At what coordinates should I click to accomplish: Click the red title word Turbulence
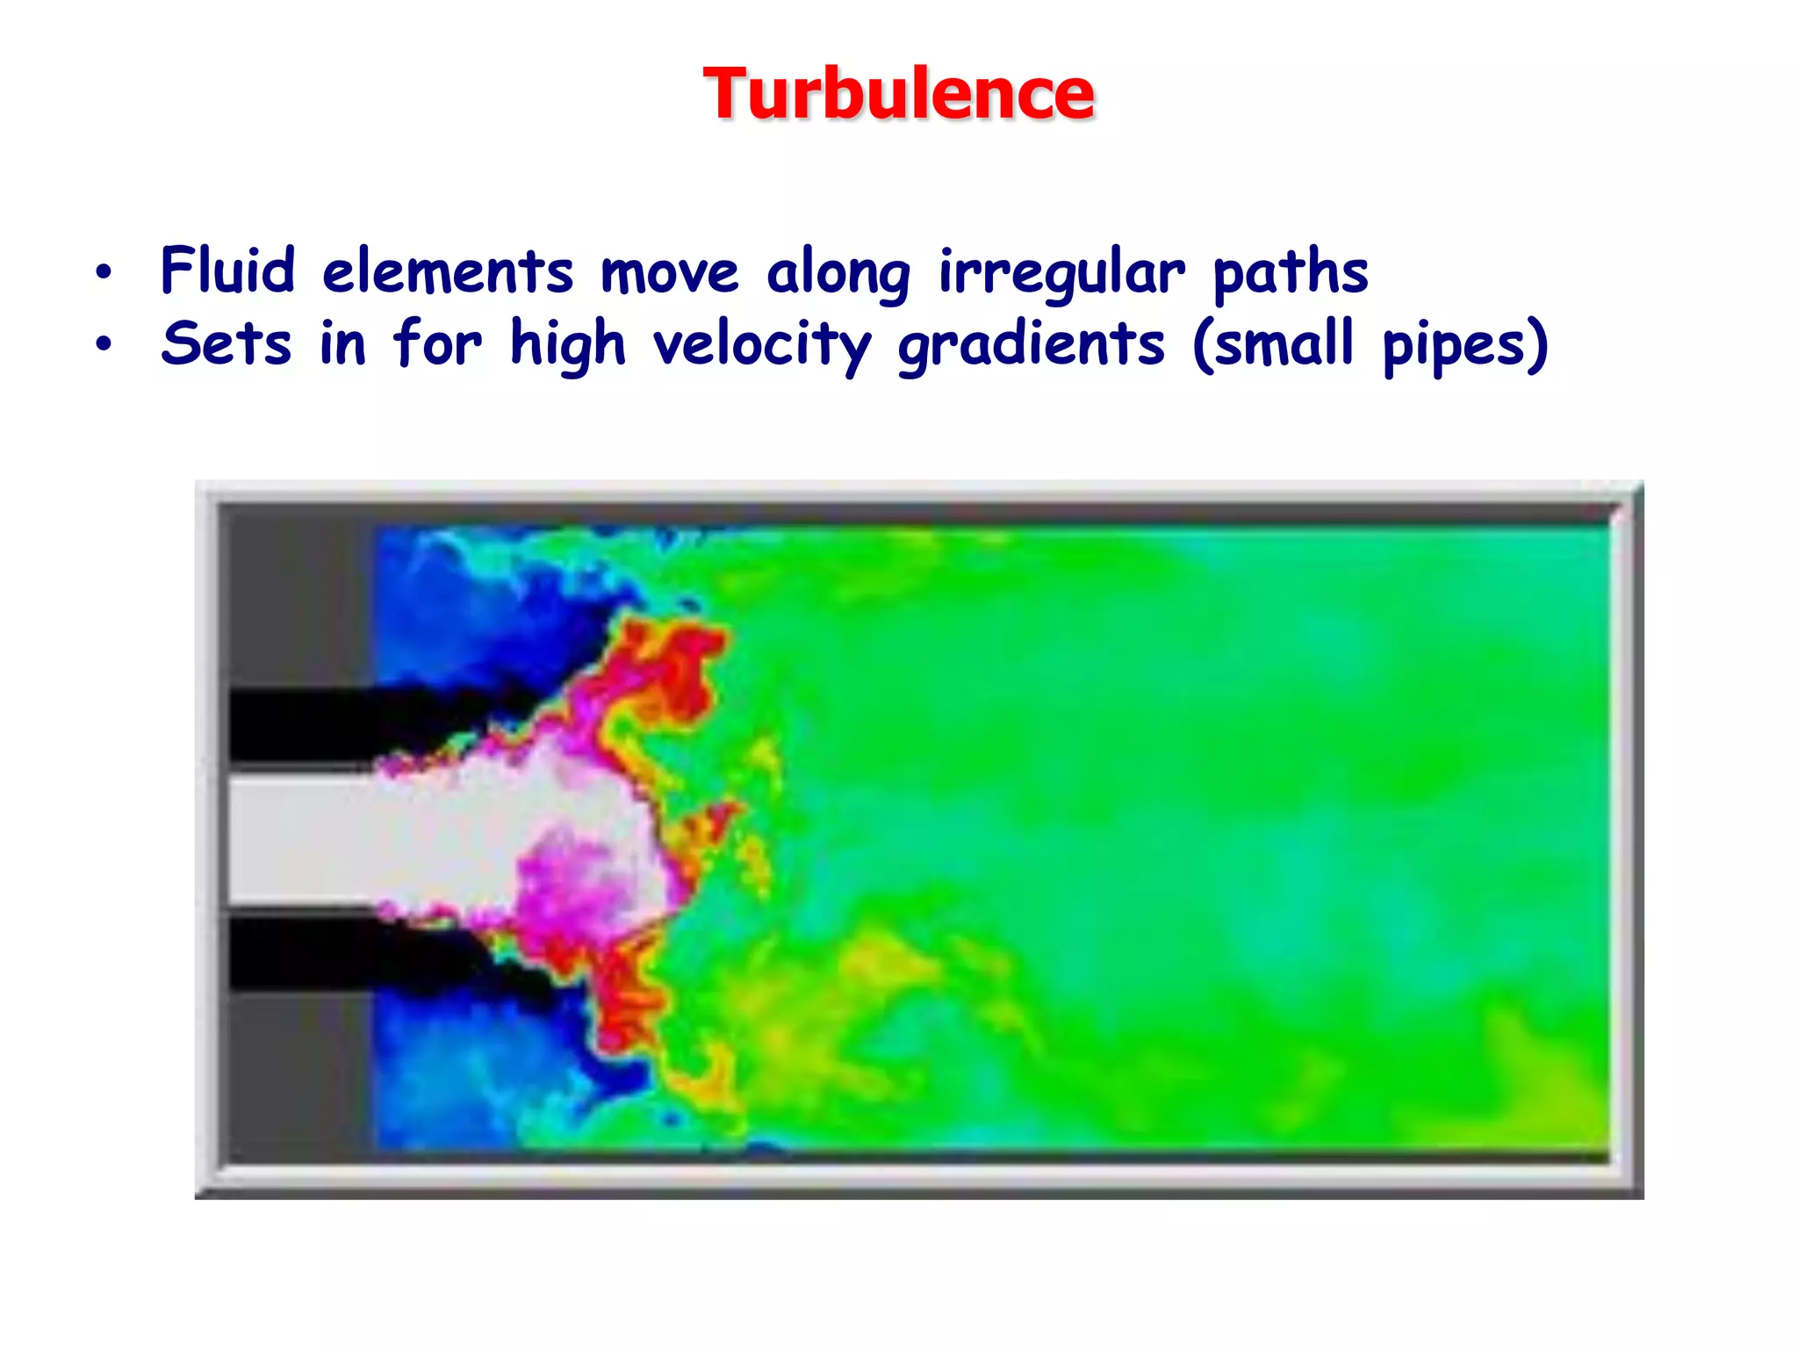[898, 94]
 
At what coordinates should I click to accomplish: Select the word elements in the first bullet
[448, 271]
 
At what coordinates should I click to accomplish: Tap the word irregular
[1061, 273]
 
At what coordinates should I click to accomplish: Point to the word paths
[1290, 271]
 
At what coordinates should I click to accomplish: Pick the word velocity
[762, 345]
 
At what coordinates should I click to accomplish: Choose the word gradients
[1031, 345]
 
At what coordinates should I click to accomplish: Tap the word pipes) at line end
[1465, 345]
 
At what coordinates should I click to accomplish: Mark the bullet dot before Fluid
[104, 272]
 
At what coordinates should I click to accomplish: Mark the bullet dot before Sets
[104, 344]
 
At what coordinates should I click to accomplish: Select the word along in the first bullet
[838, 273]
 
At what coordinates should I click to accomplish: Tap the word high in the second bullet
[567, 345]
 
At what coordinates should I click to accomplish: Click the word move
[669, 272]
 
